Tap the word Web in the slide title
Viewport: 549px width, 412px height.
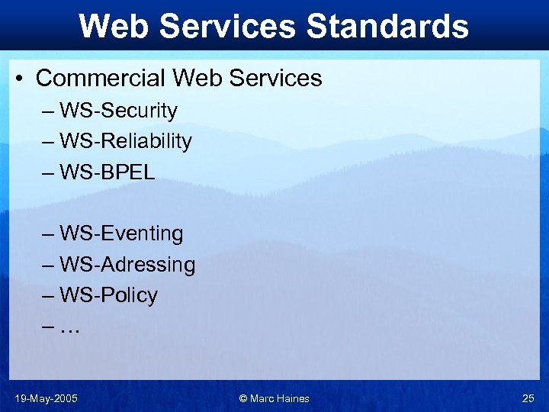click(115, 26)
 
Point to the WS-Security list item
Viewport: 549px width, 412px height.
click(118, 111)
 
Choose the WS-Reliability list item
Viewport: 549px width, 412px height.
click(126, 141)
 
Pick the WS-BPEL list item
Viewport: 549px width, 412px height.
click(107, 172)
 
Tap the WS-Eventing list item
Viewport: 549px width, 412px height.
click(121, 233)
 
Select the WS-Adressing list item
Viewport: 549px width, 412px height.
click(127, 265)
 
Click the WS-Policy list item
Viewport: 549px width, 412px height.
click(108, 295)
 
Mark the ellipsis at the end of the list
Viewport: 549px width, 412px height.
click(69, 328)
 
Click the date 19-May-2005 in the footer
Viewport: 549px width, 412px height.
click(46, 398)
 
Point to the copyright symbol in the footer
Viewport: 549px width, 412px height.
click(243, 398)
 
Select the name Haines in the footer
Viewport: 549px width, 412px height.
click(293, 398)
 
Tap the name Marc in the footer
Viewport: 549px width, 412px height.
click(262, 398)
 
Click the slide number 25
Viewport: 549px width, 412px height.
click(528, 398)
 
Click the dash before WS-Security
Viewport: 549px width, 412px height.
click(50, 111)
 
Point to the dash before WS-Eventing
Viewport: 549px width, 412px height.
click(50, 234)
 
